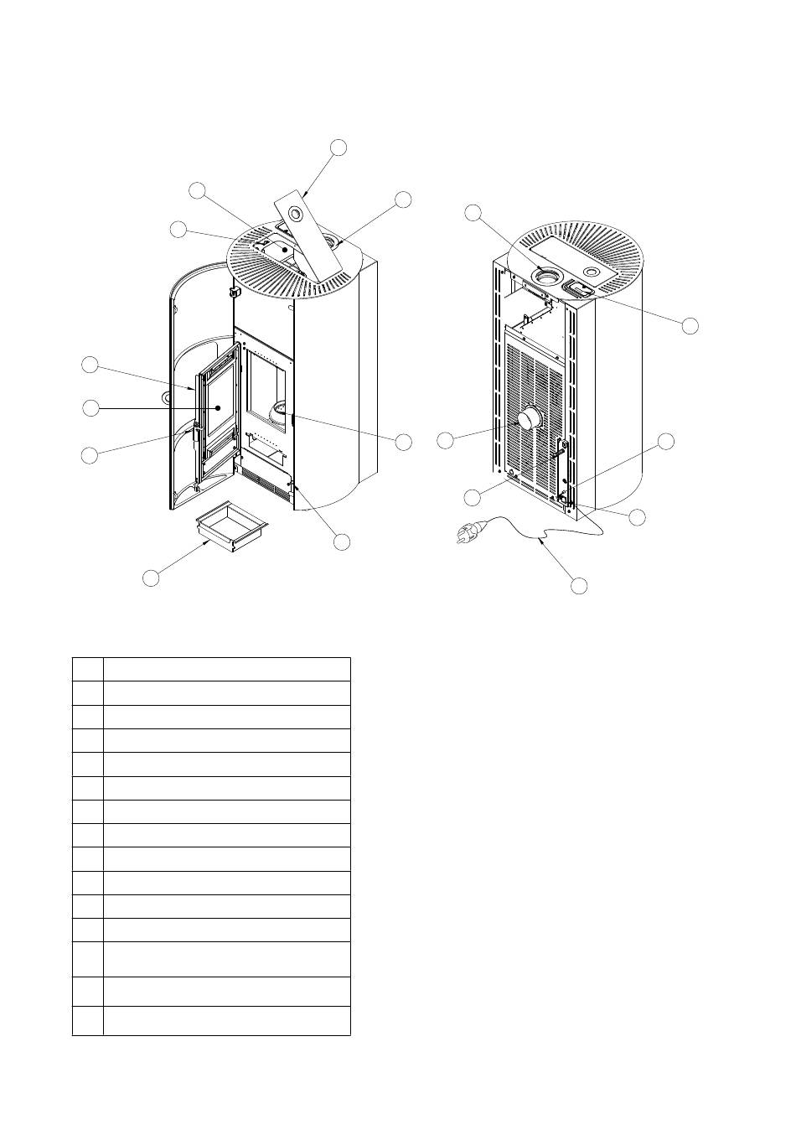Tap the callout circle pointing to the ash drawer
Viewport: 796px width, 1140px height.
151,578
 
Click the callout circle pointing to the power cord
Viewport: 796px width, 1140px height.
578,585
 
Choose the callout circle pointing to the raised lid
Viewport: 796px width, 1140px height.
339,148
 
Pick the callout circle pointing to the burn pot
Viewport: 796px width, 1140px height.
404,442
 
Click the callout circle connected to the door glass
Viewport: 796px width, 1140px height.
90,408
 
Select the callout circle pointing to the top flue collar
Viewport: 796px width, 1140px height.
474,213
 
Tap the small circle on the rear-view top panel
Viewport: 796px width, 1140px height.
592,272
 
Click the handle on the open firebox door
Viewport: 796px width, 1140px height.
195,436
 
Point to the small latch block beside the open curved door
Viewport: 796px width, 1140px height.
234,292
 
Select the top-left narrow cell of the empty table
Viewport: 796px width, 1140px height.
87,669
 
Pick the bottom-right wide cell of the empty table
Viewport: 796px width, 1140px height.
226,1020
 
